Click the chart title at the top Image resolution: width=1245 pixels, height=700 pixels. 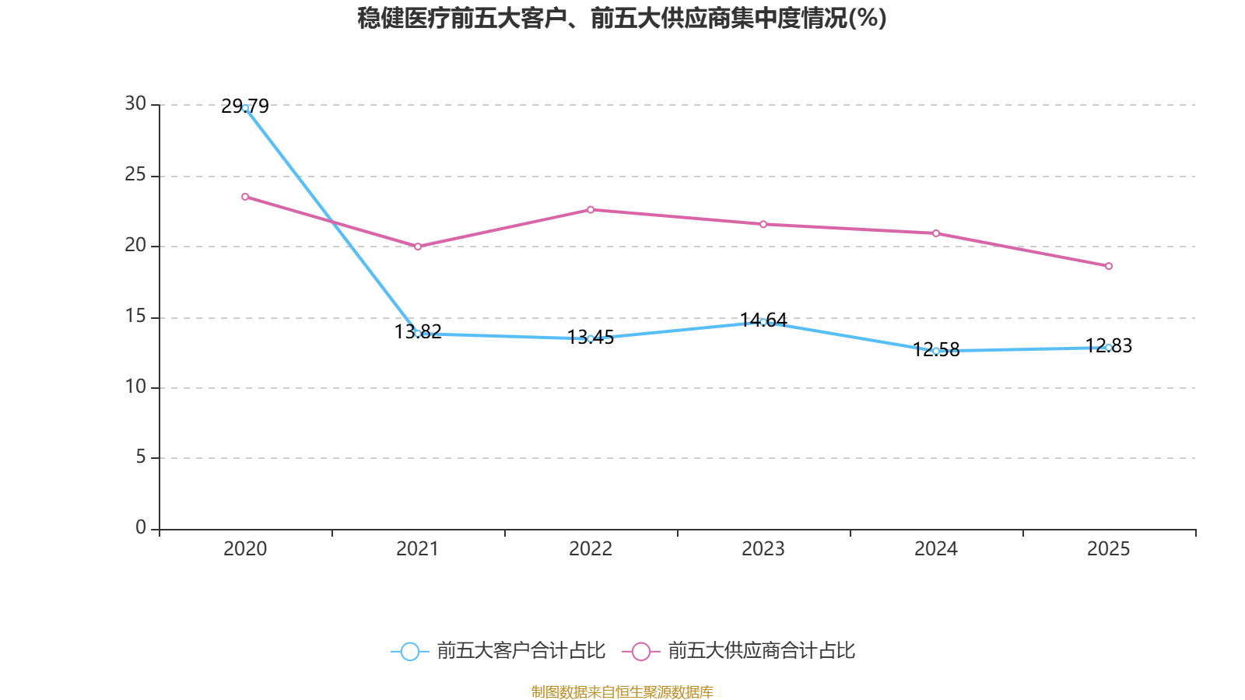coord(622,18)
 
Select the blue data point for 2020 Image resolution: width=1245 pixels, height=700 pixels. coord(245,108)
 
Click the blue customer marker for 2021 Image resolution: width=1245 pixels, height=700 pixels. coord(418,334)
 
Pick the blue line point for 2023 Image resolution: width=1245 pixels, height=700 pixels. coord(763,321)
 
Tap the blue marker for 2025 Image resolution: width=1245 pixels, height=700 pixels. coord(1109,348)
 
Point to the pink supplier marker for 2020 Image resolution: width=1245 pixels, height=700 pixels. coord(245,197)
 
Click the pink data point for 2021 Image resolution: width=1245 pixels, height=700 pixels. coord(418,247)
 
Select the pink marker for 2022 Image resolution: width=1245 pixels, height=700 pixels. coord(591,210)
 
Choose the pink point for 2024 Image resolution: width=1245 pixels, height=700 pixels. coord(936,233)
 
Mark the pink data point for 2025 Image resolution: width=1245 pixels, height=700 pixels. coord(1109,266)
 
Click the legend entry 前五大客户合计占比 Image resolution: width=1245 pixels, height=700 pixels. coord(499,651)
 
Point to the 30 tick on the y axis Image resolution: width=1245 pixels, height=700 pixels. coord(135,104)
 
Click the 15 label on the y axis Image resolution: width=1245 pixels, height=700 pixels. coord(135,317)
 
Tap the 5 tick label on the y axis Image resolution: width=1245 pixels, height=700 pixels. coord(141,457)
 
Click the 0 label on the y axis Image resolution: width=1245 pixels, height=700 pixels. coord(141,528)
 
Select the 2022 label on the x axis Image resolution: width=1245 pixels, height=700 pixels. coord(591,549)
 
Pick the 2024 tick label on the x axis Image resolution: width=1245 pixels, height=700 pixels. coord(936,549)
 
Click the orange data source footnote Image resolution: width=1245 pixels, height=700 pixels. coord(622,691)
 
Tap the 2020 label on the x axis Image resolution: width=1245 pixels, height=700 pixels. coord(245,549)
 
